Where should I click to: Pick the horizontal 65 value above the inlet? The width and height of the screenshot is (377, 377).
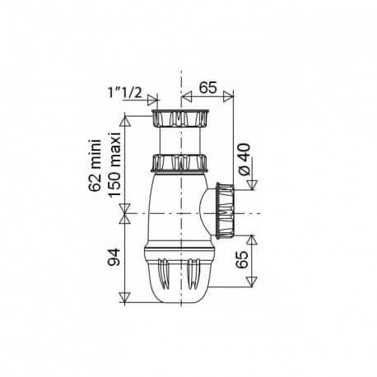click(x=207, y=85)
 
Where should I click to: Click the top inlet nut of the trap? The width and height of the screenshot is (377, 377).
click(x=179, y=116)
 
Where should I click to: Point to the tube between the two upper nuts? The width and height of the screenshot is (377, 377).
click(x=179, y=140)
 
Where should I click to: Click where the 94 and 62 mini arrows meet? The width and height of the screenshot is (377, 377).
click(x=123, y=216)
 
